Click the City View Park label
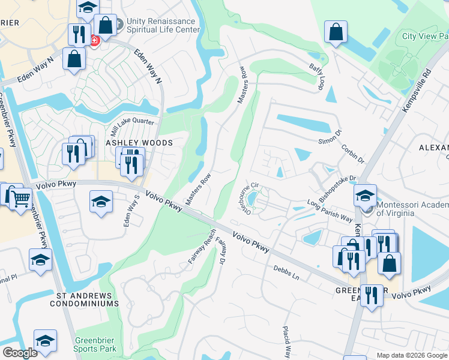point(425,36)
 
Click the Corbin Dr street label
point(352,154)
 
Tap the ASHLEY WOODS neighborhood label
point(139,143)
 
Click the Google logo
point(20,353)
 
